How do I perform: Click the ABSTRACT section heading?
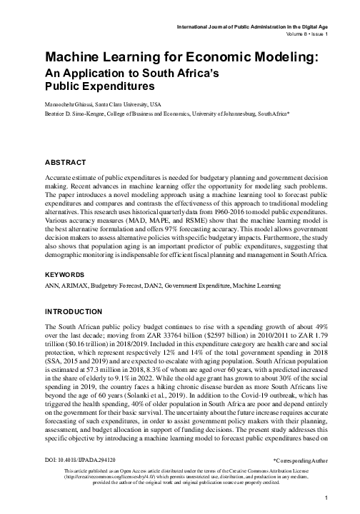66,162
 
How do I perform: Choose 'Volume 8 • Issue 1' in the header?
298,33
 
